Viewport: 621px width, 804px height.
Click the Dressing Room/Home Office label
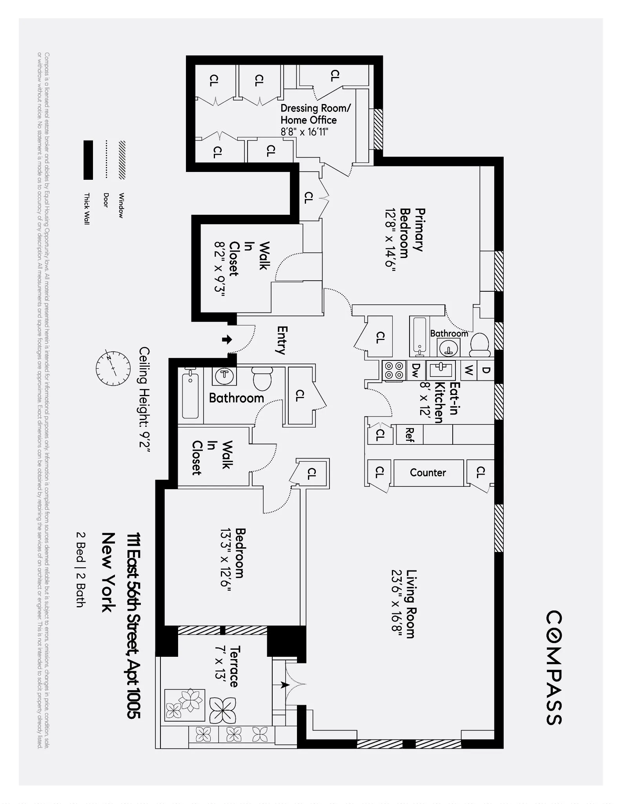click(315, 114)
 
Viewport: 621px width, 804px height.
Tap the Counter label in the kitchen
click(428, 473)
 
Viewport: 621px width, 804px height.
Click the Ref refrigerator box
click(409, 435)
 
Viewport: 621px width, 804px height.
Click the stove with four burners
click(394, 370)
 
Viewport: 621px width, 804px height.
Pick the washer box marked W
click(468, 370)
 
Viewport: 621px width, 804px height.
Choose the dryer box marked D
click(486, 370)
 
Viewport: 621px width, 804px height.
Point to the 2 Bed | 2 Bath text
click(80, 570)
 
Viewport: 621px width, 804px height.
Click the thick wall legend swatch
click(88, 160)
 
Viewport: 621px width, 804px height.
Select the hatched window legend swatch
click(122, 160)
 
